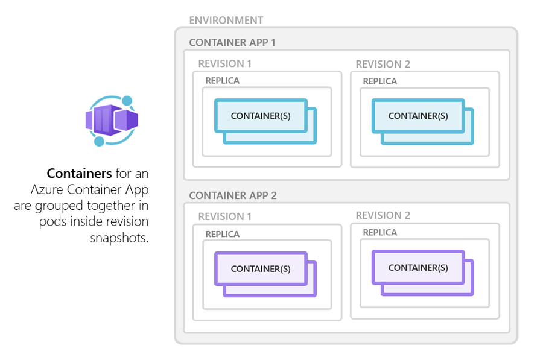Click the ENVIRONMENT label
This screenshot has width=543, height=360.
[x=226, y=21]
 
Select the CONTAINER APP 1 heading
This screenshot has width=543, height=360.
[x=232, y=43]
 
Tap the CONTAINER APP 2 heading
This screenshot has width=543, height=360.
[x=232, y=196]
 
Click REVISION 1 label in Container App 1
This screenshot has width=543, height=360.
[x=224, y=64]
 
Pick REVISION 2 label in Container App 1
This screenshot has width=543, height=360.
[x=383, y=64]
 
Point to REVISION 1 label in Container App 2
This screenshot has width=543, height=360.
[x=224, y=216]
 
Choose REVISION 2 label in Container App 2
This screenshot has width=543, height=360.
[x=383, y=215]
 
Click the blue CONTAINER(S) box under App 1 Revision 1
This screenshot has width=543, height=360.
[x=261, y=116]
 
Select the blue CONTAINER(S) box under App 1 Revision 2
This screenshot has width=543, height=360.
[x=418, y=116]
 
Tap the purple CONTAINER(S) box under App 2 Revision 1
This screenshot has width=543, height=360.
[x=261, y=268]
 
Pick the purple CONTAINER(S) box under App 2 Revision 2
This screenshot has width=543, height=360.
[x=418, y=267]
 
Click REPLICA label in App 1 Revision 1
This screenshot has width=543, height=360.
[x=222, y=81]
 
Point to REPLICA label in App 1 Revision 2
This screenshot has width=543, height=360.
[x=379, y=81]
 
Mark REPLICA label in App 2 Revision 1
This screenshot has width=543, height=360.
[x=222, y=234]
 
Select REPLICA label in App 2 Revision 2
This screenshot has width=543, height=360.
[x=379, y=233]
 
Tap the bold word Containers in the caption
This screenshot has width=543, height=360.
[x=79, y=174]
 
